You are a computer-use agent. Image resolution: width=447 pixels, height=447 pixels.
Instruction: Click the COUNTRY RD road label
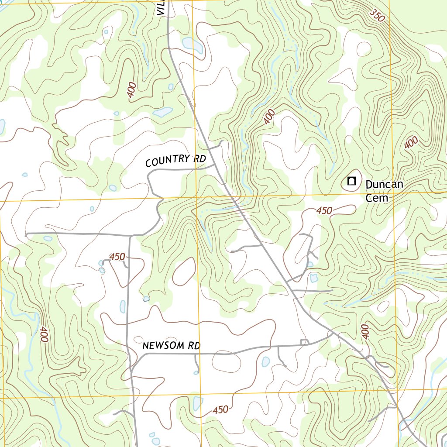[175, 161]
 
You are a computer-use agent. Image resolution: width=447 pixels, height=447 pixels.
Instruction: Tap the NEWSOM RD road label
[171, 346]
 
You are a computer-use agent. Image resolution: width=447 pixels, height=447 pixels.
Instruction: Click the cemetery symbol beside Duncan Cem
[351, 181]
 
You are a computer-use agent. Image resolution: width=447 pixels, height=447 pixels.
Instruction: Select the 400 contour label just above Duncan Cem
[411, 143]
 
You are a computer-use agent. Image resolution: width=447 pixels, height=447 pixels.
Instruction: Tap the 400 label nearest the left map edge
[43, 334]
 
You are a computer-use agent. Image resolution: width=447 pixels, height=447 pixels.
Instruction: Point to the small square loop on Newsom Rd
[304, 342]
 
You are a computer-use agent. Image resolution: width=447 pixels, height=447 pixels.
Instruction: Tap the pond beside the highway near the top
[193, 44]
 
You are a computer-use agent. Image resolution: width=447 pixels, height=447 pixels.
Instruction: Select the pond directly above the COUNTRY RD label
[162, 112]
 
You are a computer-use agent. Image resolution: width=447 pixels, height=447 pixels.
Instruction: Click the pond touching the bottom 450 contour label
[198, 404]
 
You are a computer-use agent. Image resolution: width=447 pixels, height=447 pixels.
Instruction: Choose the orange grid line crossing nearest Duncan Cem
[393, 192]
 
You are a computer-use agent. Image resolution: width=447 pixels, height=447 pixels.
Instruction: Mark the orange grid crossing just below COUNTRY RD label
[196, 197]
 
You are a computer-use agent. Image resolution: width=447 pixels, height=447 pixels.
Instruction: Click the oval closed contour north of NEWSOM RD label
[183, 271]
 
